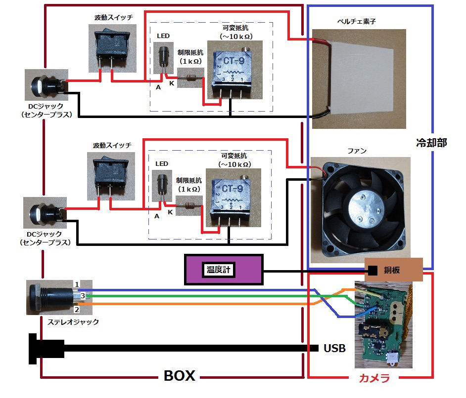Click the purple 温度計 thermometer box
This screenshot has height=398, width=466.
pos(224,270)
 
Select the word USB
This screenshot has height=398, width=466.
pos(334,348)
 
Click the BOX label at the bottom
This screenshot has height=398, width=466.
pos(179,376)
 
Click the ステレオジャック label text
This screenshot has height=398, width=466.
pos(73,322)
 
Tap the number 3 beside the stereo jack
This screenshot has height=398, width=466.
pos(83,295)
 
